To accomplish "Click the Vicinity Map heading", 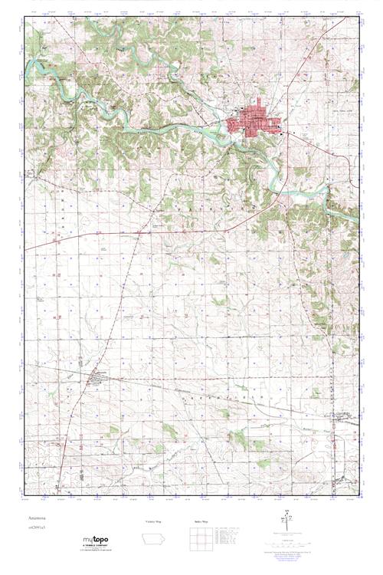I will pos(154,521).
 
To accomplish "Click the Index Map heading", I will pos(198,521).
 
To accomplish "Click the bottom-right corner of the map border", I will pos(358,495).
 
